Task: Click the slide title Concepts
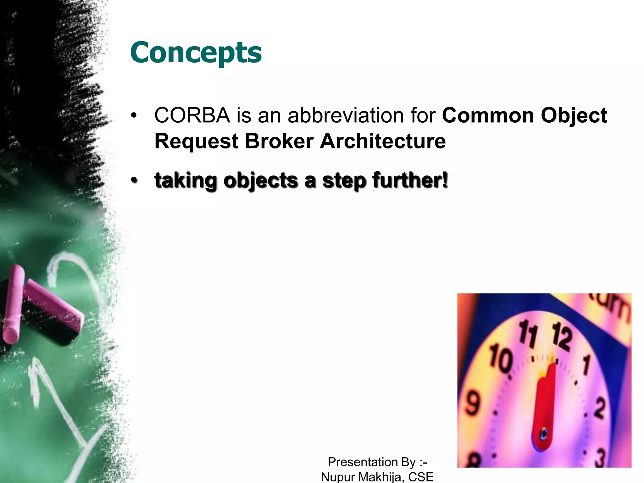(x=196, y=53)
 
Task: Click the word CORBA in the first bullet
(x=192, y=115)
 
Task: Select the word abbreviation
(x=346, y=115)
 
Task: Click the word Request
(x=196, y=142)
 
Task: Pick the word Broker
(x=279, y=141)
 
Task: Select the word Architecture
(x=383, y=141)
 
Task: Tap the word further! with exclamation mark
(x=410, y=180)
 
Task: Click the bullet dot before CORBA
(x=134, y=116)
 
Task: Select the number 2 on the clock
(x=599, y=408)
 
